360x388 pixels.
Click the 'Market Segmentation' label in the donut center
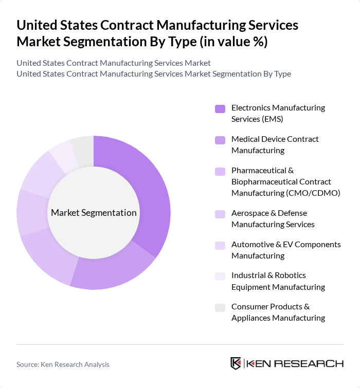[94, 213]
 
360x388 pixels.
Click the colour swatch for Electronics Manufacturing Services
[220, 108]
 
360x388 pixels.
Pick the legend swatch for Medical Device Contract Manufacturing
[220, 140]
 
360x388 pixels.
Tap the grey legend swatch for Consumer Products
[220, 307]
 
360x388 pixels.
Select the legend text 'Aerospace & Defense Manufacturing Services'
[273, 218]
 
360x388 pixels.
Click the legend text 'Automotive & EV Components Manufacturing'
[286, 250]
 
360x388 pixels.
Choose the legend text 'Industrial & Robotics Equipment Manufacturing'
[278, 281]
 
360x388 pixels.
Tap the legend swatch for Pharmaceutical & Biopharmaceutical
[220, 171]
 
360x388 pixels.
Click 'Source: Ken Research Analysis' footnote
[63, 364]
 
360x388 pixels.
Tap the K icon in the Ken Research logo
[236, 363]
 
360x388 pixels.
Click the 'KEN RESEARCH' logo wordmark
[295, 363]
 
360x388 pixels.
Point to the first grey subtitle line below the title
[113, 63]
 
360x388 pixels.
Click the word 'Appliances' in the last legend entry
[250, 318]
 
